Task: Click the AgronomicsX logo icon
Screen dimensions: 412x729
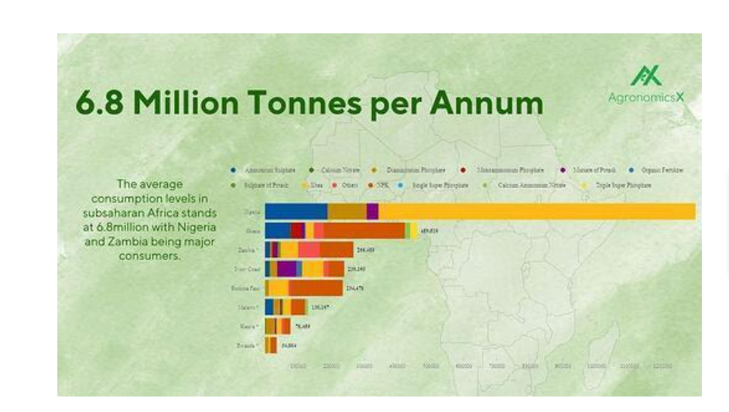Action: coord(646,76)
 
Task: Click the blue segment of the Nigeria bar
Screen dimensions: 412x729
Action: coord(296,211)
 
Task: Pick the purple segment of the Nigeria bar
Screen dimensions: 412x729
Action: coord(372,211)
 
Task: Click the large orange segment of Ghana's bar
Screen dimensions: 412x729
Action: coord(364,231)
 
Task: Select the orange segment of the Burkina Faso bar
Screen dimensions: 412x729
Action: coord(316,288)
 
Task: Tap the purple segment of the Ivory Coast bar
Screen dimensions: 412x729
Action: coord(286,269)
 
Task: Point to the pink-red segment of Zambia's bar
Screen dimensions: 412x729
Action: coord(309,249)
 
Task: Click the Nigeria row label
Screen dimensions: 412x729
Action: coord(252,211)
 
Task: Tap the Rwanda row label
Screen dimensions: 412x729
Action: coord(248,345)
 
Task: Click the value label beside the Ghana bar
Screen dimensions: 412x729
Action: coord(429,231)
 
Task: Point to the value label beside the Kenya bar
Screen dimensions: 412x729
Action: coord(303,326)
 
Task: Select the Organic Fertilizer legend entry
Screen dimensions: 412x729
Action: coord(661,170)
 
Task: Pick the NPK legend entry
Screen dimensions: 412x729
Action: coord(382,186)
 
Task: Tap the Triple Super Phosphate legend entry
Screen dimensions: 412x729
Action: coord(622,186)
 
